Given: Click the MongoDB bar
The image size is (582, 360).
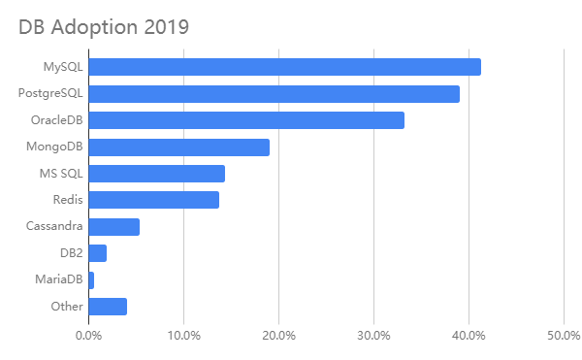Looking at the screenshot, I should pos(178,147).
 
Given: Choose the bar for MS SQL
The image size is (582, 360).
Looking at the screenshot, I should pos(156,174).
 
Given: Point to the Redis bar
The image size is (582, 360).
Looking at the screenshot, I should pos(153,200).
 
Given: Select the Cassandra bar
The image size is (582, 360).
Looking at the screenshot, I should pos(113,227).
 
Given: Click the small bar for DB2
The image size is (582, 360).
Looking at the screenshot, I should pos(97,253).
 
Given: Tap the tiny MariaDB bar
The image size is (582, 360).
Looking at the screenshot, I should pos(91,280).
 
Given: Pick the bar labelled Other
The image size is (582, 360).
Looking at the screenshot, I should pos(108,307).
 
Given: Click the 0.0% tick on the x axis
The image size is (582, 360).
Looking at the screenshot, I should pos(88,336).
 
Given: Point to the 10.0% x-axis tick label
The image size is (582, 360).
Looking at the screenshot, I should pos(183,336).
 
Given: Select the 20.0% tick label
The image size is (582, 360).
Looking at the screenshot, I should pos(278,336).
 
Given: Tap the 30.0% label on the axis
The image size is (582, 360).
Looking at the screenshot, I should pos(373,336).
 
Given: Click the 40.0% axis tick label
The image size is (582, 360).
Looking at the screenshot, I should pos(469,336).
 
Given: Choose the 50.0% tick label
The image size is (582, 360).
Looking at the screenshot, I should pos(564,336).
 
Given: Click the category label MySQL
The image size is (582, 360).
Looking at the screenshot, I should pos(63,67).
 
